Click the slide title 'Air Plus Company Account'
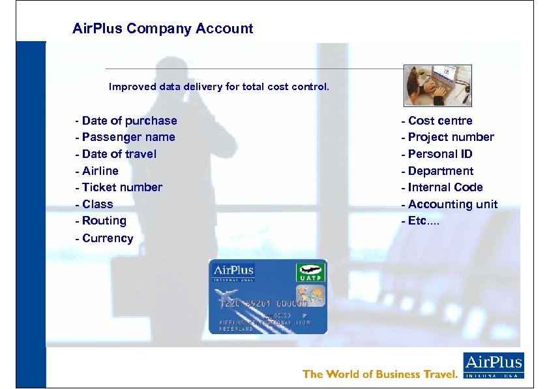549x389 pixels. [162, 29]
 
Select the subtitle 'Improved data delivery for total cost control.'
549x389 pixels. [219, 86]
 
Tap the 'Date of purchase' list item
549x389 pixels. [126, 121]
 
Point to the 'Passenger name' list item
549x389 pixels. [125, 137]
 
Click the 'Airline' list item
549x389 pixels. [97, 171]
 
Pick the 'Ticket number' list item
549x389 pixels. [119, 187]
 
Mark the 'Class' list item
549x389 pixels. [95, 204]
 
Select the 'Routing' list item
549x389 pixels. [101, 221]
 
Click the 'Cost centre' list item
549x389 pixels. [437, 121]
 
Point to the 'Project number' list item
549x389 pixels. [448, 137]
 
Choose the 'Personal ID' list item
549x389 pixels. [437, 154]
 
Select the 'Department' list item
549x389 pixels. [438, 171]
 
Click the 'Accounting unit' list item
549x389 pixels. [449, 204]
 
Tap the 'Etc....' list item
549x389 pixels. [421, 221]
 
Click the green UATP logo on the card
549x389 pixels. [310, 272]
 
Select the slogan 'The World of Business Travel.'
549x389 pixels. [380, 374]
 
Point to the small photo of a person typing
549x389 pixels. [438, 86]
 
